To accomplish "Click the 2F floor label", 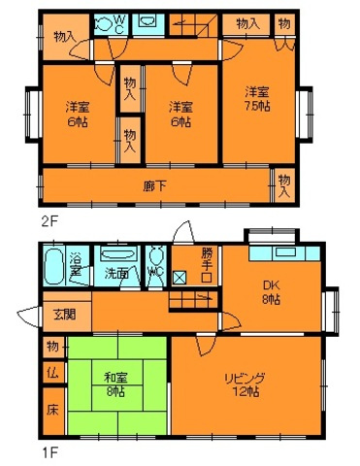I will (49, 220).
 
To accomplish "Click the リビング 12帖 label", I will (246, 383).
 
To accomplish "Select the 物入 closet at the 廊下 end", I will (282, 183).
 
